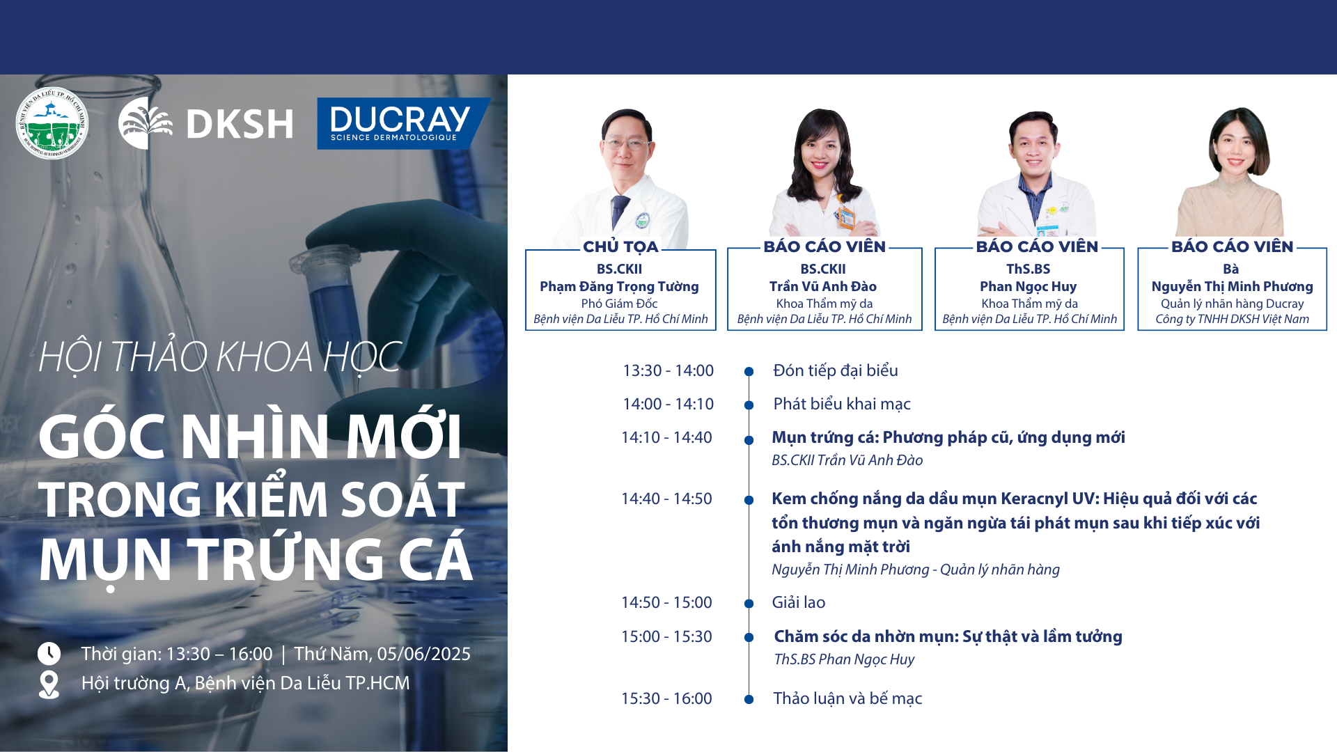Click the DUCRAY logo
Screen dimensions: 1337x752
click(x=403, y=123)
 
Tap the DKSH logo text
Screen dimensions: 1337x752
click(x=240, y=124)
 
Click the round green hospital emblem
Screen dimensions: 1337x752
click(x=52, y=123)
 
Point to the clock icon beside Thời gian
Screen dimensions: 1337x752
click(x=49, y=654)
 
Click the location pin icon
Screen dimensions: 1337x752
click(x=49, y=684)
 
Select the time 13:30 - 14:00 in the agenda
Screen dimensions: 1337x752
click(x=668, y=370)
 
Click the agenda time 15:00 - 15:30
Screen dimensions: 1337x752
click(x=666, y=636)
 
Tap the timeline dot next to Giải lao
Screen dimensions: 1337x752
click(x=749, y=604)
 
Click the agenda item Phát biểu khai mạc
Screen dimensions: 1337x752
click(x=842, y=404)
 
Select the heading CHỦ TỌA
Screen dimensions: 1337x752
click(x=620, y=246)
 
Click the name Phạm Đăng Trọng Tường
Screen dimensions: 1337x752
click(x=619, y=286)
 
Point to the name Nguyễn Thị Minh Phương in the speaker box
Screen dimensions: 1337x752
click(x=1232, y=286)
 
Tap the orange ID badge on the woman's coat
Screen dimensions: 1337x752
click(x=846, y=218)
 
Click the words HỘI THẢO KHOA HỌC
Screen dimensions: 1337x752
click(x=220, y=357)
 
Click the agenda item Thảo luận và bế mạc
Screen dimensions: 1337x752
click(x=847, y=698)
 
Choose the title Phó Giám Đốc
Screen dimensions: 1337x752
click(x=619, y=304)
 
